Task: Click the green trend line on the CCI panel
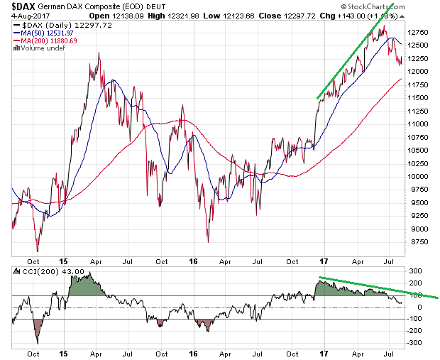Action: pos(376,287)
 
